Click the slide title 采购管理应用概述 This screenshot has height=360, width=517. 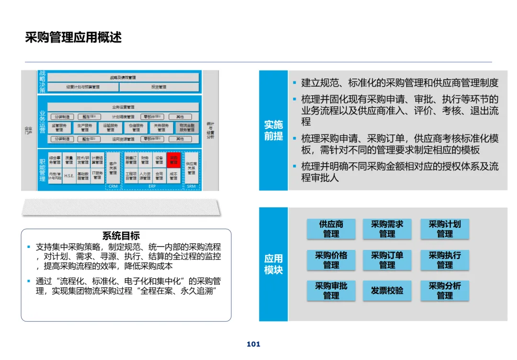pyautogui.click(x=73, y=37)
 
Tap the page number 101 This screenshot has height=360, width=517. pyautogui.click(x=253, y=344)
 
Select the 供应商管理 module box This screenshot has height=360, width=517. pyautogui.click(x=331, y=229)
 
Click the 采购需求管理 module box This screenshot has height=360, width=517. pyautogui.click(x=387, y=229)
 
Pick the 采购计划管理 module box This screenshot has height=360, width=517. pyautogui.click(x=444, y=229)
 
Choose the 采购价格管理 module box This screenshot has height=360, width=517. pyautogui.click(x=331, y=260)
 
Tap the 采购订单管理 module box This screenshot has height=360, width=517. pyautogui.click(x=387, y=260)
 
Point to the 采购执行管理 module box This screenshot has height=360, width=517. pyautogui.click(x=444, y=260)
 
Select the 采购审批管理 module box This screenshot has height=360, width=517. pyautogui.click(x=331, y=291)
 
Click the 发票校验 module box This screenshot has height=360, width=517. pyautogui.click(x=387, y=291)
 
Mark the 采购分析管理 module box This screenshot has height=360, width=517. pyautogui.click(x=444, y=291)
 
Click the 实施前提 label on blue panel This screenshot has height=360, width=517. pyautogui.click(x=273, y=130)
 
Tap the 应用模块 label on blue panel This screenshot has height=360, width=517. pyautogui.click(x=273, y=264)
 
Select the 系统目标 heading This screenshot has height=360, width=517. pyautogui.click(x=121, y=236)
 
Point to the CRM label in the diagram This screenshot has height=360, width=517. pyautogui.click(x=113, y=186)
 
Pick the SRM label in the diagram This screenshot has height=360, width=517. pyautogui.click(x=191, y=186)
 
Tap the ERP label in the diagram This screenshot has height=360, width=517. pyautogui.click(x=152, y=186)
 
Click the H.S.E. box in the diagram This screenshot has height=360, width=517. pyautogui.click(x=69, y=176)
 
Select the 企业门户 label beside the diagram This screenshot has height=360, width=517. pyautogui.click(x=29, y=130)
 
